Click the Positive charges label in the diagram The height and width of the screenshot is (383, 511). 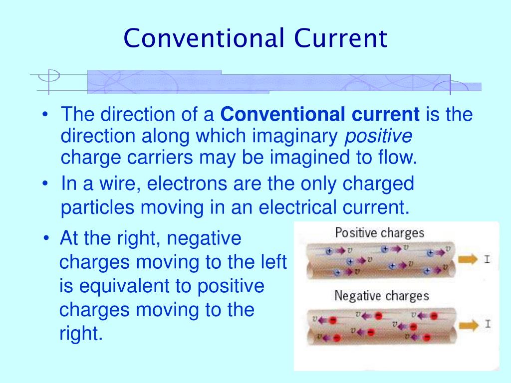(379, 233)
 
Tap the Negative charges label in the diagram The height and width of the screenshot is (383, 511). (381, 296)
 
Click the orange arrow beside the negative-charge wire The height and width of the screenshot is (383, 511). (469, 324)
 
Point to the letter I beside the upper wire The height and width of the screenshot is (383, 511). (487, 259)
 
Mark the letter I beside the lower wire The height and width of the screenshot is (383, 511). (488, 324)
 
